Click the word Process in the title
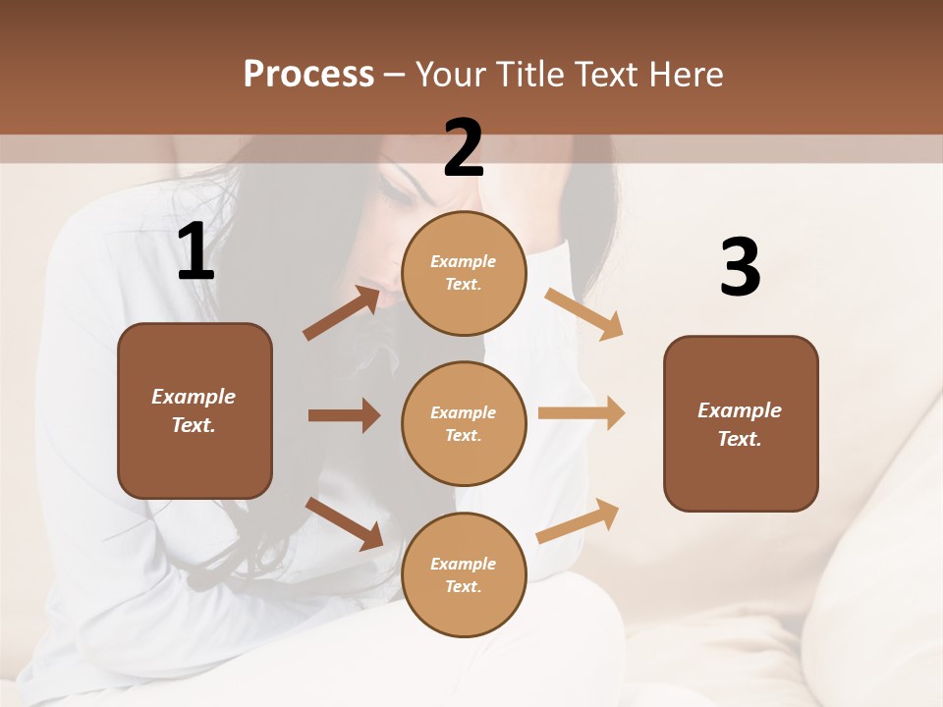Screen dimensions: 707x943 pyautogui.click(x=308, y=75)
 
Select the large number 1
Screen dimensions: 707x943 pyautogui.click(x=195, y=252)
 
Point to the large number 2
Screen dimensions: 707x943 pyautogui.click(x=464, y=148)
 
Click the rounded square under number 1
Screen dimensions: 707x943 pyautogui.click(x=194, y=410)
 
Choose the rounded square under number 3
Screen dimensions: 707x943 pyautogui.click(x=741, y=423)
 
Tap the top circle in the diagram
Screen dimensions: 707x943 pyautogui.click(x=464, y=273)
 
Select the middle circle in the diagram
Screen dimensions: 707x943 pyautogui.click(x=464, y=423)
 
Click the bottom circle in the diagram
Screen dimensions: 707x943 pyautogui.click(x=464, y=574)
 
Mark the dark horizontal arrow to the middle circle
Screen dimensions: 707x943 pyautogui.click(x=344, y=415)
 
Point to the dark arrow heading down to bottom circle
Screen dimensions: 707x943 pyautogui.click(x=344, y=523)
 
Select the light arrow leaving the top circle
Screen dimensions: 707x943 pyautogui.click(x=584, y=313)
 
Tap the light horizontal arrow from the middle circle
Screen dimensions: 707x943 pyautogui.click(x=582, y=413)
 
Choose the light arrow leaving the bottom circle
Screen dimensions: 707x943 pyautogui.click(x=578, y=520)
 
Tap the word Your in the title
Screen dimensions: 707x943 pyautogui.click(x=450, y=75)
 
